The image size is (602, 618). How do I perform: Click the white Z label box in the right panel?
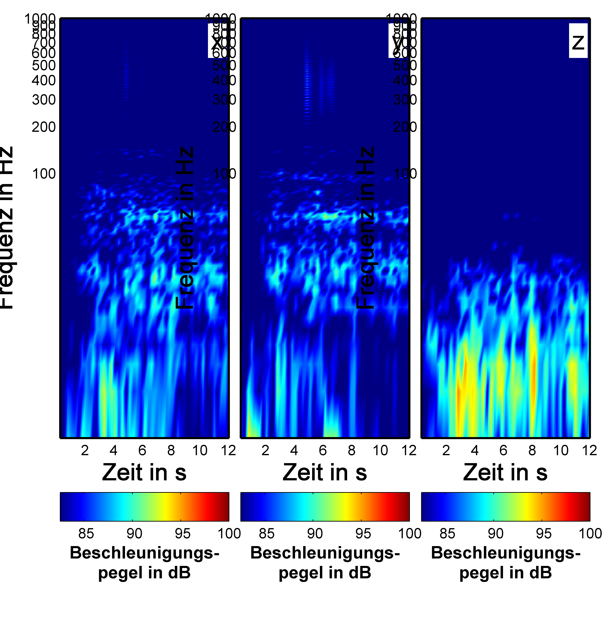point(578,41)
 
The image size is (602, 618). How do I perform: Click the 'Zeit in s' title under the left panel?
point(144,473)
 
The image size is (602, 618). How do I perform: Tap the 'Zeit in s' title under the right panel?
point(505,473)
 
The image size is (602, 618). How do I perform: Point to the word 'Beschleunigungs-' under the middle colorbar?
point(325,553)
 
